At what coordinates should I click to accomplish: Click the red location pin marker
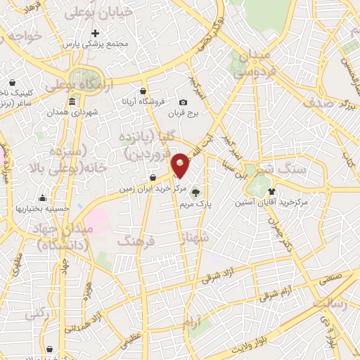(181, 165)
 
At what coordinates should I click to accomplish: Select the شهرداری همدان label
(74, 112)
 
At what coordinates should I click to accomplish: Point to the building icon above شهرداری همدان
(73, 102)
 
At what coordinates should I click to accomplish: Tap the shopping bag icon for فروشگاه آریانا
(143, 91)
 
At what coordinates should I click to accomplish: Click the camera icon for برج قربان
(184, 102)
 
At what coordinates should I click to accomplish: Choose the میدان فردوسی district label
(251, 63)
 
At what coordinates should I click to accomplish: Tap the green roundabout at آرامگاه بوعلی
(83, 77)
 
